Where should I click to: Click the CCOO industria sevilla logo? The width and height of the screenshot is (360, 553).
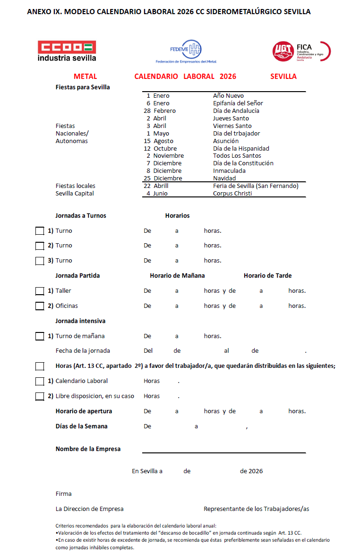click(67, 51)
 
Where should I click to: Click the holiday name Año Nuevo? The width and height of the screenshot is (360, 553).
click(228, 96)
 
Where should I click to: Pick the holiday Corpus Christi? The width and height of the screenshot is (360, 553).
click(232, 194)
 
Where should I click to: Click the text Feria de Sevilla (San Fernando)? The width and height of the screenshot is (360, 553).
click(256, 186)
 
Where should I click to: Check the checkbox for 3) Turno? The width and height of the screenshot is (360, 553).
click(40, 261)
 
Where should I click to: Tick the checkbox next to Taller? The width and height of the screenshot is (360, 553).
click(40, 291)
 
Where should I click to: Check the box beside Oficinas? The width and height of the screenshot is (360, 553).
click(40, 306)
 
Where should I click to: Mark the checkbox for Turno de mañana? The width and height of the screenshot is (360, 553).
click(40, 336)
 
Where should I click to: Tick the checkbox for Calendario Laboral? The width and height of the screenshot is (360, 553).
click(40, 381)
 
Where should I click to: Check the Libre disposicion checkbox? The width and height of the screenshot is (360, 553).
click(40, 396)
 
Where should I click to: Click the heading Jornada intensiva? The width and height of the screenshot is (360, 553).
click(80, 321)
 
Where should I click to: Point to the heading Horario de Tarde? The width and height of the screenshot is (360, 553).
click(267, 276)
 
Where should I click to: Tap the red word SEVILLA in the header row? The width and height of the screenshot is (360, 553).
click(283, 77)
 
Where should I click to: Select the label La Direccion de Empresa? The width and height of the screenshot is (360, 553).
click(89, 509)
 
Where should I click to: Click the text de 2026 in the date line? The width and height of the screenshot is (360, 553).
click(251, 471)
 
